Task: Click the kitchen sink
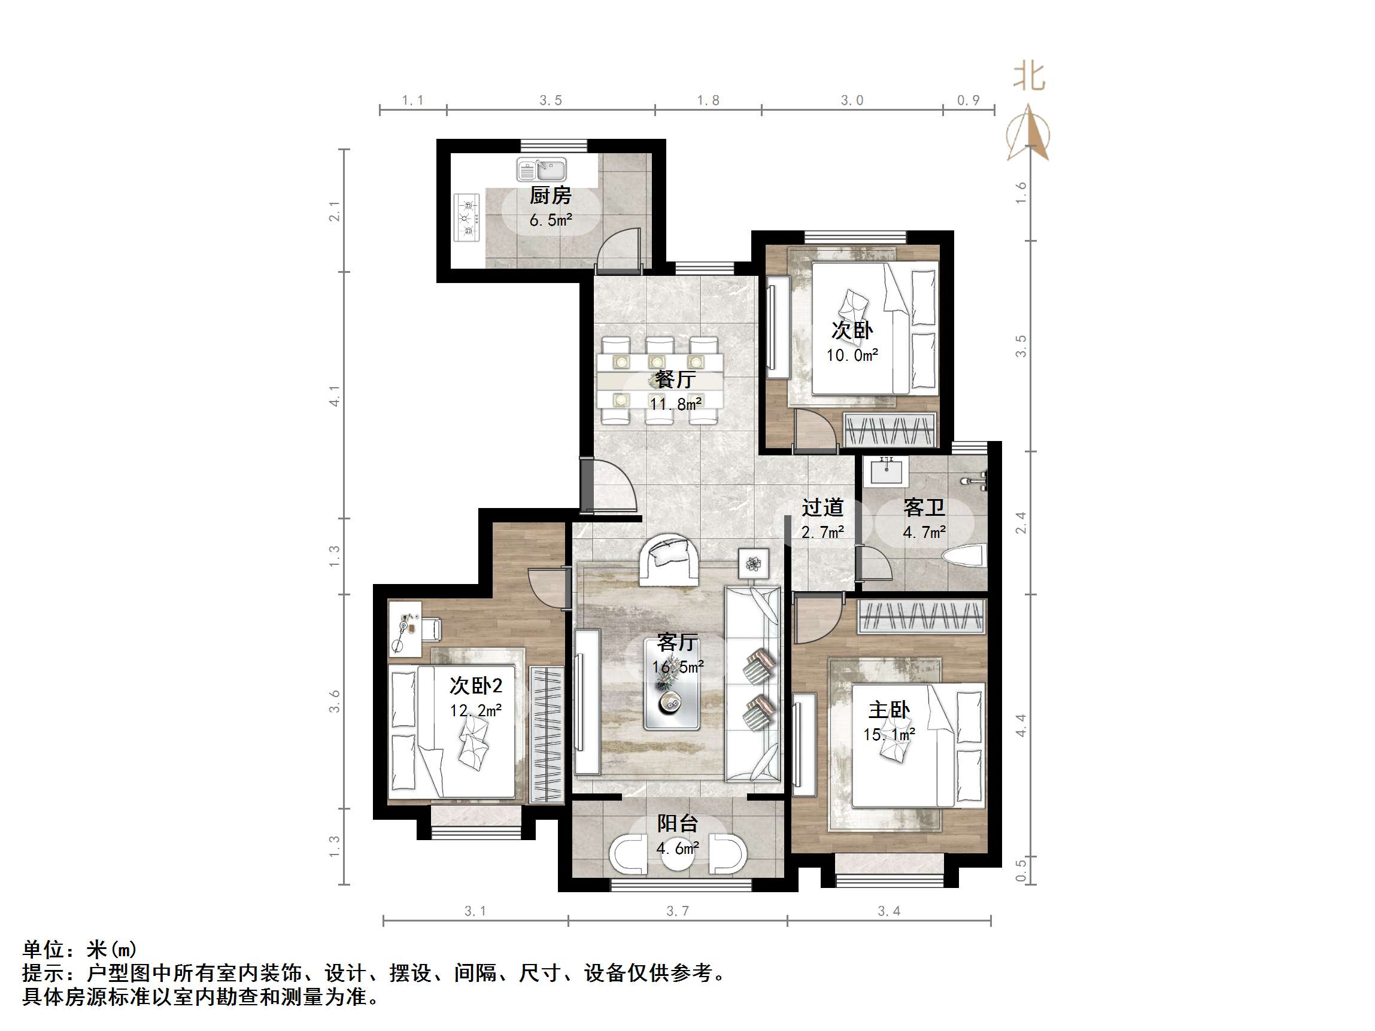click(x=541, y=169)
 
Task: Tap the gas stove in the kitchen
click(x=468, y=218)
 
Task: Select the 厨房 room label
click(x=550, y=196)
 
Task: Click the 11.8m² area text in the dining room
click(x=676, y=404)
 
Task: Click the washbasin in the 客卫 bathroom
click(x=887, y=472)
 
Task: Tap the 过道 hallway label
click(x=822, y=508)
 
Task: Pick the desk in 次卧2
click(x=405, y=628)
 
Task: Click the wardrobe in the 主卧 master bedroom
click(x=921, y=617)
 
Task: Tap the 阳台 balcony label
click(x=678, y=823)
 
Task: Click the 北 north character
click(x=1029, y=77)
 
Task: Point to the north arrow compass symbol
click(x=1029, y=133)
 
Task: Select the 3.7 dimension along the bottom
click(x=678, y=911)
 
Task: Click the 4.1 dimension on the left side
click(x=335, y=396)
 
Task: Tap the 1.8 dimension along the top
click(x=708, y=101)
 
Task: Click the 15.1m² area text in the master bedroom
click(x=889, y=735)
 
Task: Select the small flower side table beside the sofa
click(x=754, y=564)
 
